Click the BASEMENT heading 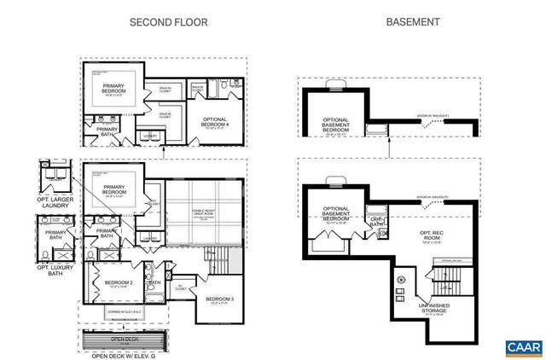[x=408, y=23]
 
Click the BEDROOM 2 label [x=119, y=283]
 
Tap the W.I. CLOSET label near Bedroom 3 [x=180, y=287]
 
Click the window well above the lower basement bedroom [x=334, y=180]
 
